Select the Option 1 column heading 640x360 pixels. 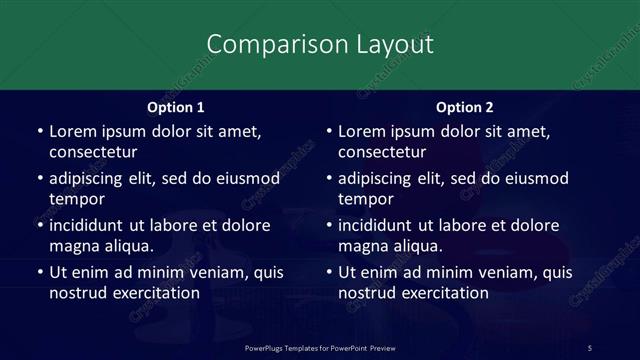point(176,107)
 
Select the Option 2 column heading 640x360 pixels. point(465,107)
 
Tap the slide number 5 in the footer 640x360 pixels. point(590,347)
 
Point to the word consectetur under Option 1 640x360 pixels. point(93,152)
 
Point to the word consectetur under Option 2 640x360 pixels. point(382,152)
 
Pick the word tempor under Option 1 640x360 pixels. point(77,199)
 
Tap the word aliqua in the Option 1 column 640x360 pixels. point(125,246)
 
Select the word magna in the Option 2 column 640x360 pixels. point(362,246)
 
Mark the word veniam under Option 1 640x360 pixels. point(207,272)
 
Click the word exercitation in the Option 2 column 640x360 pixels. point(442,293)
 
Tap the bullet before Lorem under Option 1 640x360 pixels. point(39,131)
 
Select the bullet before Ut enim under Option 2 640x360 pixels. point(328,272)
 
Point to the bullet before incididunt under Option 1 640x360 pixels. point(39,225)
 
